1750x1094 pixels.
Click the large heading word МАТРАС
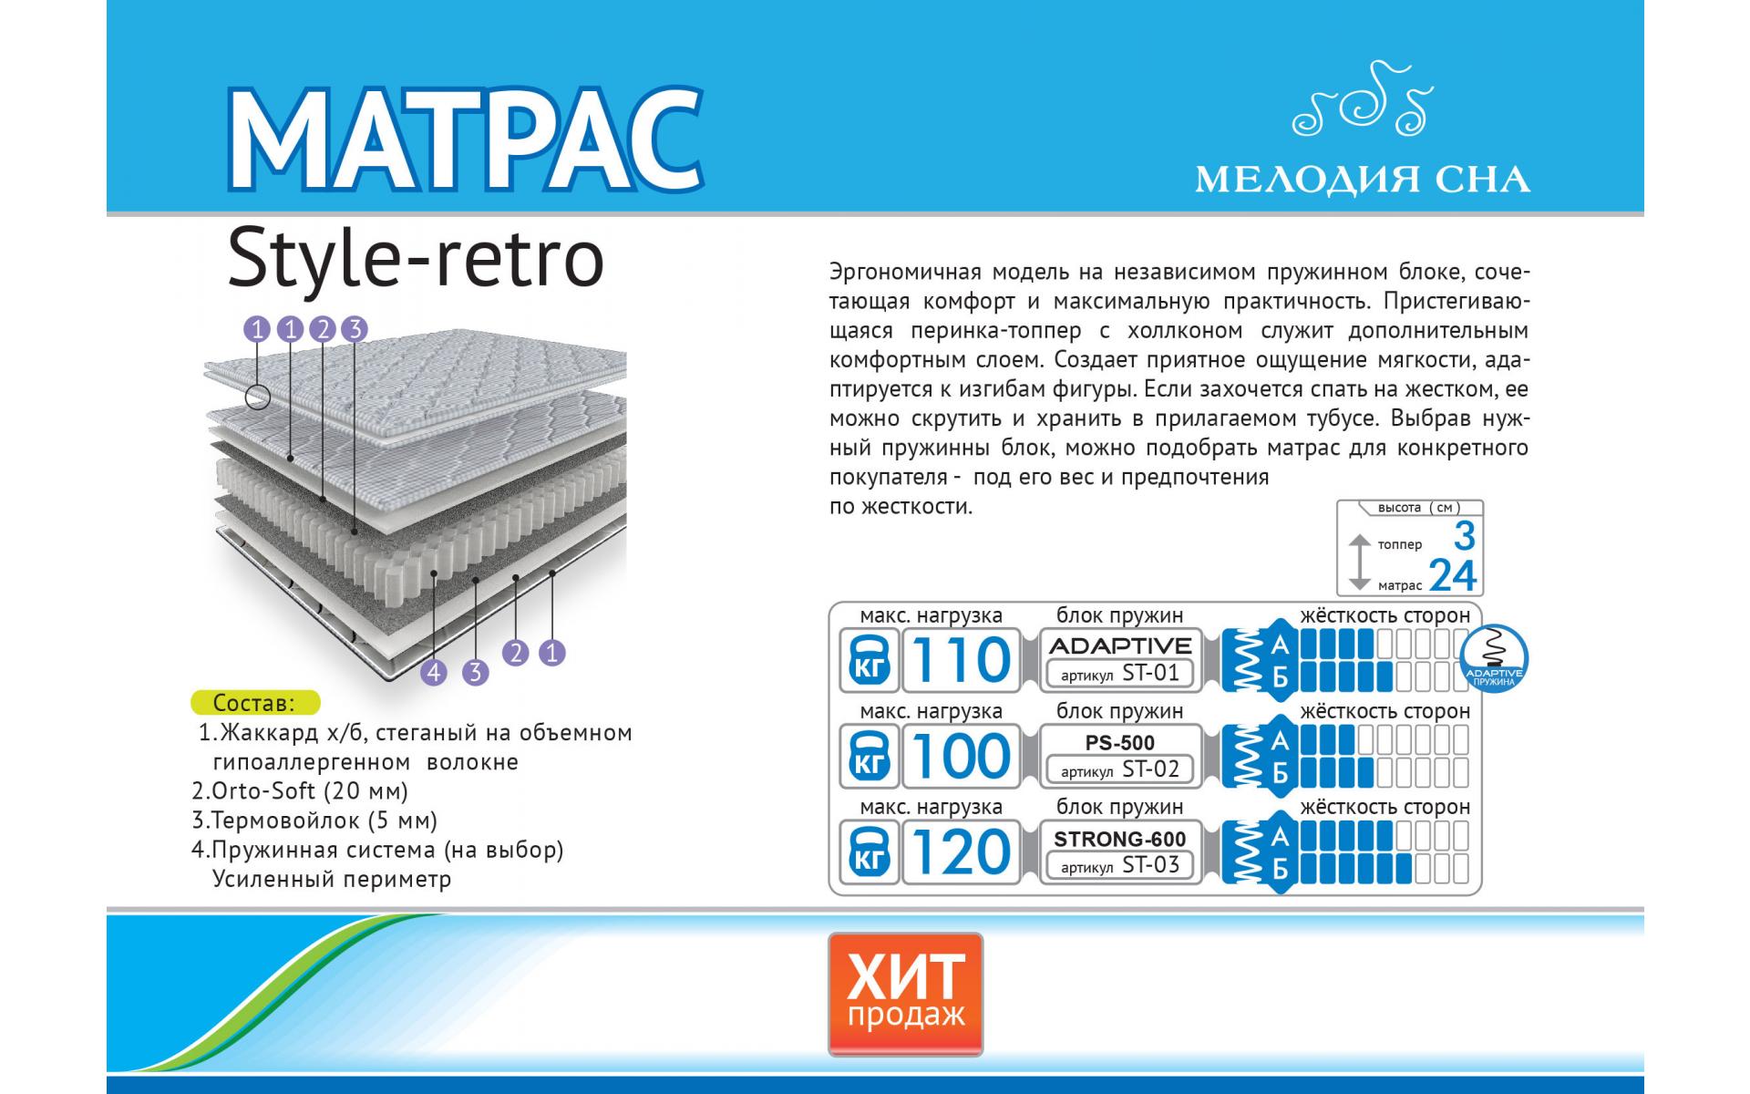coord(465,139)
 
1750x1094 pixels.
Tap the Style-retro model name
coord(416,259)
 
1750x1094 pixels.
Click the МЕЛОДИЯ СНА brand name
coord(1363,180)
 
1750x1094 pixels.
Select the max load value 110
coord(961,660)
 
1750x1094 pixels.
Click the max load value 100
coord(961,756)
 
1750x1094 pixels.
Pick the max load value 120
coord(961,852)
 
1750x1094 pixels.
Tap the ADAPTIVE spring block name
coord(1121,645)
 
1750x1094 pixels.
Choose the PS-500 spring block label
coord(1120,743)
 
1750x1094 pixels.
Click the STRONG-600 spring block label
coord(1120,839)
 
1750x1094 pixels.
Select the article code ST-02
coord(1150,769)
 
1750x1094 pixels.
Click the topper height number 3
coord(1464,536)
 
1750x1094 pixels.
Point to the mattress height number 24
coord(1453,575)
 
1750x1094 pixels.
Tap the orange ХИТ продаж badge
coord(905,993)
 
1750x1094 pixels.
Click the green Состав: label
coord(255,703)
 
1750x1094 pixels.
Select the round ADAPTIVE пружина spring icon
coord(1494,659)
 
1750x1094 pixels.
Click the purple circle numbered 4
coord(434,673)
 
